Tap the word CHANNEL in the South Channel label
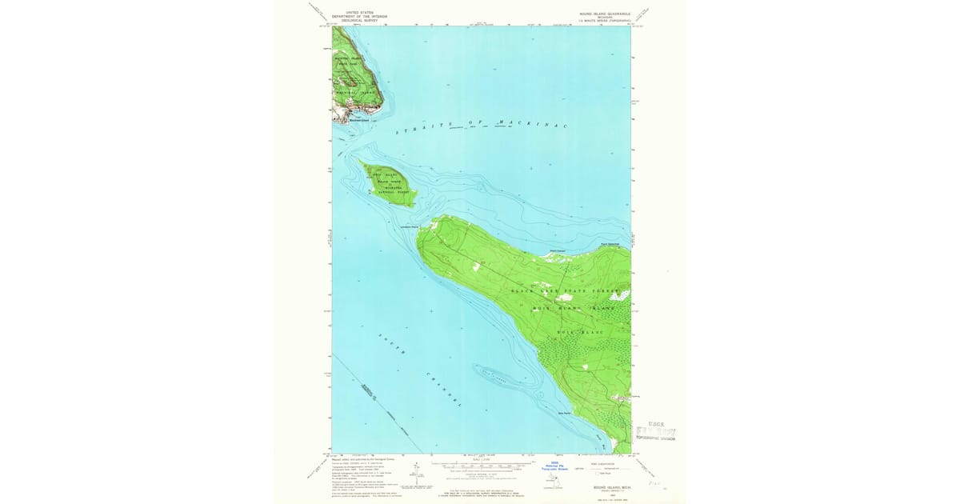click(x=444, y=390)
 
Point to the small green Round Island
click(x=387, y=184)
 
